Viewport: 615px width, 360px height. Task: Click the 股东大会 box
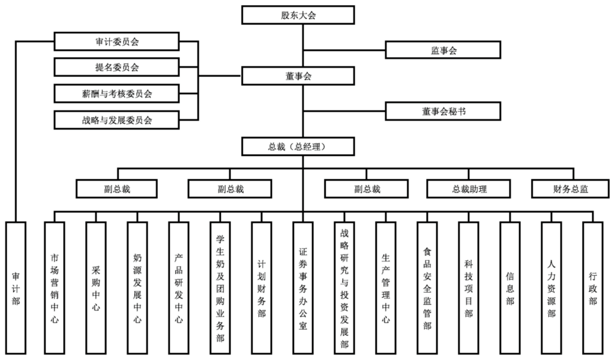click(298, 15)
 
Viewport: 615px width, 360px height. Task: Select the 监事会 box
click(443, 50)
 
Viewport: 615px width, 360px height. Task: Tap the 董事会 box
click(298, 76)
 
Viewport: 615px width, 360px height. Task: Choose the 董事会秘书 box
click(443, 111)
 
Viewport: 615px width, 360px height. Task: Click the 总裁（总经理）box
click(298, 146)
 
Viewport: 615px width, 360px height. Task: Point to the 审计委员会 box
click(116, 42)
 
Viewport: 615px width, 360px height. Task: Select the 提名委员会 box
click(116, 67)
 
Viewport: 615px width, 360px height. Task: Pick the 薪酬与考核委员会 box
click(116, 93)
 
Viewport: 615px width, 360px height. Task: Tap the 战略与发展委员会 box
click(116, 120)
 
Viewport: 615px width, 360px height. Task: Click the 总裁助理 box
click(469, 189)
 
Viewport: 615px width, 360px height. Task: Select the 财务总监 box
click(570, 189)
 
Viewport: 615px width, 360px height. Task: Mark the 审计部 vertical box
click(16, 288)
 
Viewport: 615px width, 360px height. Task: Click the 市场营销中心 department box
click(54, 288)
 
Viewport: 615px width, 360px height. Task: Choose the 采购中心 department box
click(96, 288)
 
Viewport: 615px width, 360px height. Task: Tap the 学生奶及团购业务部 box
click(220, 288)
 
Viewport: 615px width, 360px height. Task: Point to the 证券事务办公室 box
click(303, 288)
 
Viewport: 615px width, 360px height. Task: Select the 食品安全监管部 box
click(427, 288)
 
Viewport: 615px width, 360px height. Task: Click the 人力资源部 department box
click(551, 288)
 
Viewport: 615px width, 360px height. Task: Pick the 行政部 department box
click(593, 288)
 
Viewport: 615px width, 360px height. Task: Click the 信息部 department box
click(510, 288)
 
